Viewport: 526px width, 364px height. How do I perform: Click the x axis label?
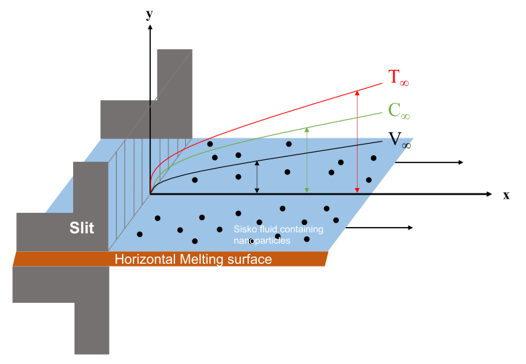pos(506,195)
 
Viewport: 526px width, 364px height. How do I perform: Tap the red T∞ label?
pos(398,78)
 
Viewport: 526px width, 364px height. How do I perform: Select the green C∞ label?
pos(399,111)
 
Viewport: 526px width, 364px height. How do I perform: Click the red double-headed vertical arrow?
pos(357,142)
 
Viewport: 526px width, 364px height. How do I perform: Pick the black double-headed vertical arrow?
pos(257,178)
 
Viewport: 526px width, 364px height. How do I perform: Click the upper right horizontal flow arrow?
pos(436,163)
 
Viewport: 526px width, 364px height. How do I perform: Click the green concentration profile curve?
pos(268,138)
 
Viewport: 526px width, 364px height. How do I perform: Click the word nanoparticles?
pos(262,240)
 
